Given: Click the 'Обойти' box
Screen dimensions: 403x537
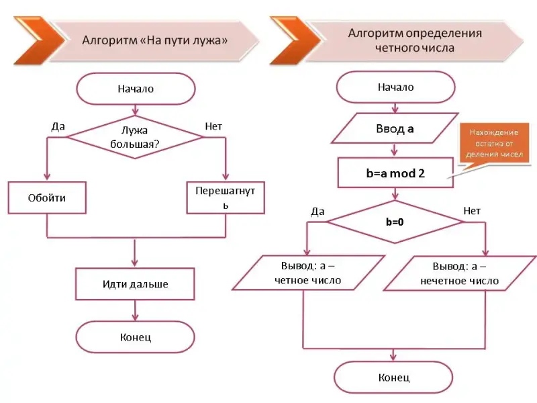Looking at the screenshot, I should (47, 198).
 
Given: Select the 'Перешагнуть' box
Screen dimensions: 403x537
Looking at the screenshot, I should (226, 197).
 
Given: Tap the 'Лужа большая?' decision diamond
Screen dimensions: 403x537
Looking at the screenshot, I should (136, 137).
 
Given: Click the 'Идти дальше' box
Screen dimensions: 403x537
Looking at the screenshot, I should (135, 284).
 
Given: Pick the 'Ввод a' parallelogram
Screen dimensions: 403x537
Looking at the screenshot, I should (394, 129).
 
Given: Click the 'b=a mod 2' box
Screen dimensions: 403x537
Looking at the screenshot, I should (395, 173).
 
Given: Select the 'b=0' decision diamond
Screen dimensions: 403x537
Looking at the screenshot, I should (395, 221).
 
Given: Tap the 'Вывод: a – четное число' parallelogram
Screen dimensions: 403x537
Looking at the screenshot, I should (307, 272).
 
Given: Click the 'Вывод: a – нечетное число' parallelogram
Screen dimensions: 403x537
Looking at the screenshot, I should (460, 273).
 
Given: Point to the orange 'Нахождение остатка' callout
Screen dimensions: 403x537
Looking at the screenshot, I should (493, 144).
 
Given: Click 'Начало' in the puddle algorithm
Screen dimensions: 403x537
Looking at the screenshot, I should (136, 89).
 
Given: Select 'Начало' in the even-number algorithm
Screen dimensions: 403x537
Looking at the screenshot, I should (395, 87).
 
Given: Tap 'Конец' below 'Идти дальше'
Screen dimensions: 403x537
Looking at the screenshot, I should (135, 337).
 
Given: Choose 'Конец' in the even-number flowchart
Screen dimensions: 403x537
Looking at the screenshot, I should (394, 377).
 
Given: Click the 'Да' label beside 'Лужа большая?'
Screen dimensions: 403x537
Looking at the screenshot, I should (58, 126).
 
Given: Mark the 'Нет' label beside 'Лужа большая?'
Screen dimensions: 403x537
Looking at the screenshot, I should (213, 126).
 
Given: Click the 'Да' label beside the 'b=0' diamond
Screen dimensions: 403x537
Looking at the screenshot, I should (318, 211).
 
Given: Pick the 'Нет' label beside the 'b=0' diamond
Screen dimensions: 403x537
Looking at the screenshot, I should (472, 211).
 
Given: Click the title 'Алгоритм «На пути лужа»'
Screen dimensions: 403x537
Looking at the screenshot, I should (154, 40).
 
